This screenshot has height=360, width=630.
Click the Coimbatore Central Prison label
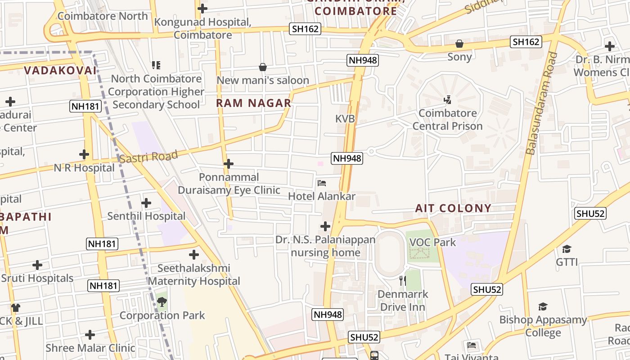pos(447,120)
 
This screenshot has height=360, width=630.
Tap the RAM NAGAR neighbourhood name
pos(254,103)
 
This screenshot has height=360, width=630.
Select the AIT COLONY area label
pos(453,208)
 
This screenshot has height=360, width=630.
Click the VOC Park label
pos(432,242)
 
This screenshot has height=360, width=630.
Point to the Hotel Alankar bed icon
pos(322,183)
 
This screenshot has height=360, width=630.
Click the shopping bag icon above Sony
pos(459,44)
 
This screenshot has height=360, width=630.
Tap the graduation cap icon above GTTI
pos(567,249)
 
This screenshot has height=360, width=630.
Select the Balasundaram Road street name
pos(542,103)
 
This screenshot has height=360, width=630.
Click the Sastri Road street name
pos(148,157)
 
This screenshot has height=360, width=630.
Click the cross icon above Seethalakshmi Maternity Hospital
pos(194,255)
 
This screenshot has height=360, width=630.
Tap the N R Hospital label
pos(84,168)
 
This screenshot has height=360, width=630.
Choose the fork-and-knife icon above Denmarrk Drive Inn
pos(403,281)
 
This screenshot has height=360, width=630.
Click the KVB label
pos(345,119)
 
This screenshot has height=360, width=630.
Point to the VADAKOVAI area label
pos(60,71)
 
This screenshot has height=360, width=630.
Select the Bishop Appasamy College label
pos(543,326)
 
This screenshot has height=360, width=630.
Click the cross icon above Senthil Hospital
pos(146,203)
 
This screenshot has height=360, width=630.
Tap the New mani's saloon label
pos(263,81)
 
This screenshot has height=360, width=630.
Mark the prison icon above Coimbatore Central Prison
pos(447,100)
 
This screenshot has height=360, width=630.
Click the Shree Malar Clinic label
pos(90,348)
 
